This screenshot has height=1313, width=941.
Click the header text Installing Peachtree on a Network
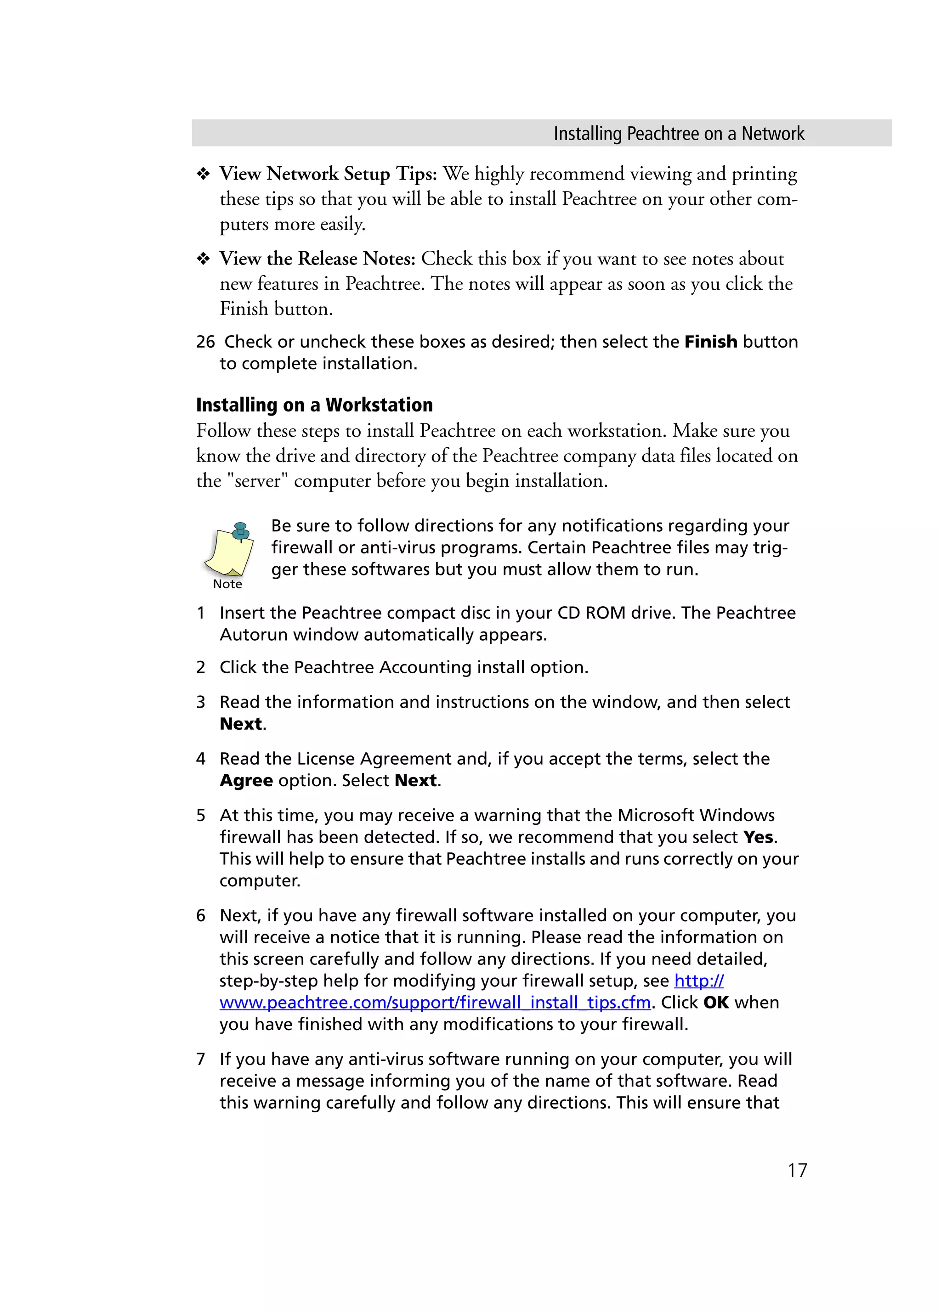click(678, 134)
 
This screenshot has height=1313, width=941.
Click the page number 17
click(797, 1170)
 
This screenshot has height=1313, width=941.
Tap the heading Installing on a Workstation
click(314, 405)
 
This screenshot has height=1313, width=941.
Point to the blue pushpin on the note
click(240, 530)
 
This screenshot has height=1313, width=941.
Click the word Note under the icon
click(227, 584)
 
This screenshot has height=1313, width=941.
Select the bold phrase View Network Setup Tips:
click(328, 174)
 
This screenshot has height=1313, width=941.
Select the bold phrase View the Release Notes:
click(317, 259)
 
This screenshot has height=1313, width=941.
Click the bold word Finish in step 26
click(710, 342)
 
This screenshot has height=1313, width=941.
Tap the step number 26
click(205, 342)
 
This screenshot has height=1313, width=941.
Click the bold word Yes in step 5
click(758, 837)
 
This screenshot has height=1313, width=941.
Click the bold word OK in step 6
click(716, 1002)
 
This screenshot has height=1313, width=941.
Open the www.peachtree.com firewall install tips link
click(435, 1002)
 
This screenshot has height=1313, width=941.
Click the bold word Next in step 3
click(241, 724)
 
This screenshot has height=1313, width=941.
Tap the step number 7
click(201, 1059)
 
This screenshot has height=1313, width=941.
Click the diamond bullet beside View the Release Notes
click(203, 259)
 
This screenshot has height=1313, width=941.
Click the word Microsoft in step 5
click(656, 815)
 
